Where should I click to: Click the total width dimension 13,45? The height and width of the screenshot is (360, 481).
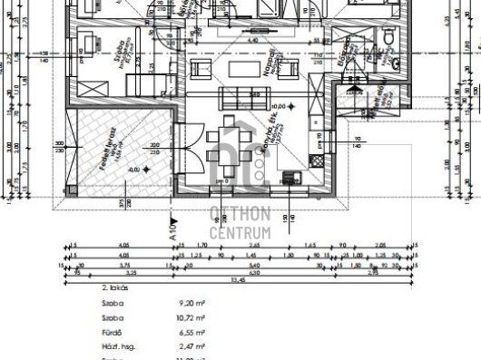tap(238, 280)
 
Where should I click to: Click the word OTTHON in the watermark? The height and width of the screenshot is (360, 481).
tap(240, 214)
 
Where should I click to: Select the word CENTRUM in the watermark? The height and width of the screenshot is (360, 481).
tap(240, 233)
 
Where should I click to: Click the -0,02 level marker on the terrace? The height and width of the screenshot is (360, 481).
tap(135, 170)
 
